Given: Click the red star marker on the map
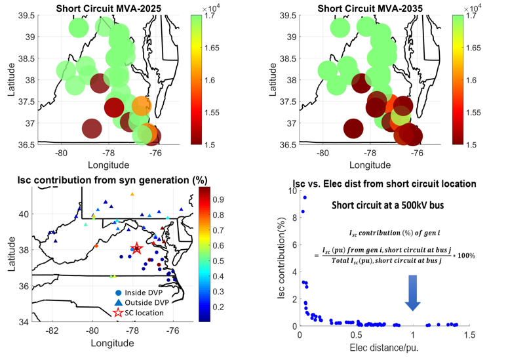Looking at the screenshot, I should point(136,249).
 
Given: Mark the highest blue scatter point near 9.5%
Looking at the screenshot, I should point(305,197).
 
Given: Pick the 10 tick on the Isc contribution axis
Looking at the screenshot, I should point(289,191).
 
